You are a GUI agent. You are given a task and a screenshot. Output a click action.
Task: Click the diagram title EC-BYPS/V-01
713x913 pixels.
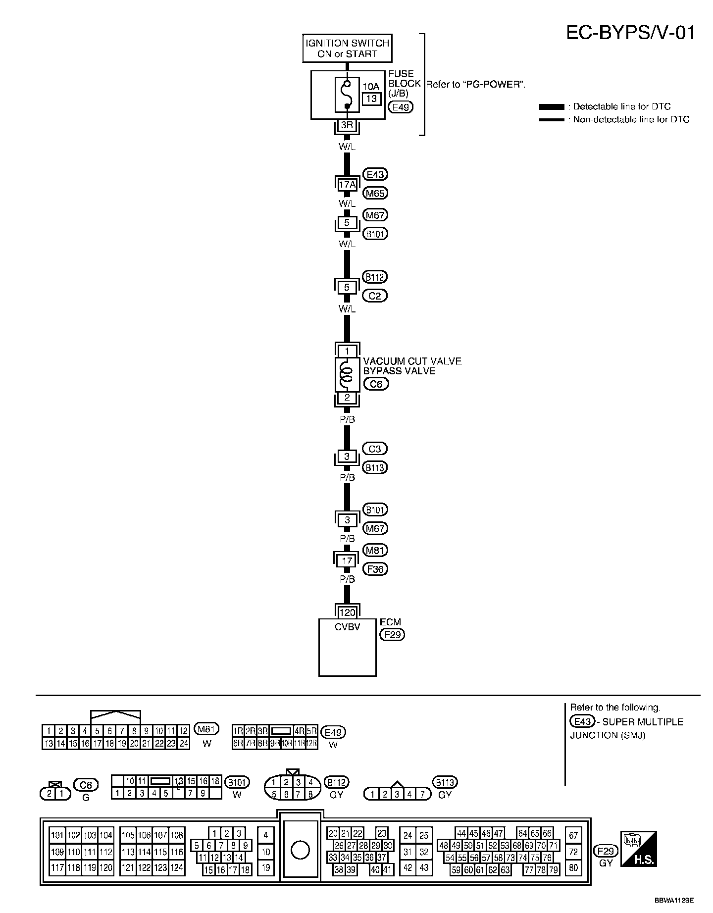630,33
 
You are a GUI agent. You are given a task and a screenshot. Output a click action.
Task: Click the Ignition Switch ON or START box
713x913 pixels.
347,49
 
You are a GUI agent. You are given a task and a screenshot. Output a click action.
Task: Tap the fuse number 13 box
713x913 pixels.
371,99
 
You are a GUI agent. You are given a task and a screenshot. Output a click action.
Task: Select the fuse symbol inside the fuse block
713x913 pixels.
347,94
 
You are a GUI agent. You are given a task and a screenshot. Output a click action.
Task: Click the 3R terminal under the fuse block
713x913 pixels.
347,126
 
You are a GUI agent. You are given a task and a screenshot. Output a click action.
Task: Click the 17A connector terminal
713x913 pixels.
347,185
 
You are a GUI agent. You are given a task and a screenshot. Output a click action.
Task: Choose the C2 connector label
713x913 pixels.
375,296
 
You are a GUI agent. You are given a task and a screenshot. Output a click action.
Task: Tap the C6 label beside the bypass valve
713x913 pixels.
376,384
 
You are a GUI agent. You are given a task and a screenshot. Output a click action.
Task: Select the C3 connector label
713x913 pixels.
375,449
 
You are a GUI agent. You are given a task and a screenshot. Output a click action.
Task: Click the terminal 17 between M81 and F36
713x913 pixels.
347,560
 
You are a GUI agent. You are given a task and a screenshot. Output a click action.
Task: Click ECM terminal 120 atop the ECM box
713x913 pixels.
347,612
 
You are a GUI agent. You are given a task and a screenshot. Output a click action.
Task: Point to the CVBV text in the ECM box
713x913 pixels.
347,627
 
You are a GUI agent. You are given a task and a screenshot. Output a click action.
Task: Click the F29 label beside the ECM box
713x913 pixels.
392,634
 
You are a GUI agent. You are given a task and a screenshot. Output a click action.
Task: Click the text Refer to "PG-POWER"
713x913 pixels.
475,84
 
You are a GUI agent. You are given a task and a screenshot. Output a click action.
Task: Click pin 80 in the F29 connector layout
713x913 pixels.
573,867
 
